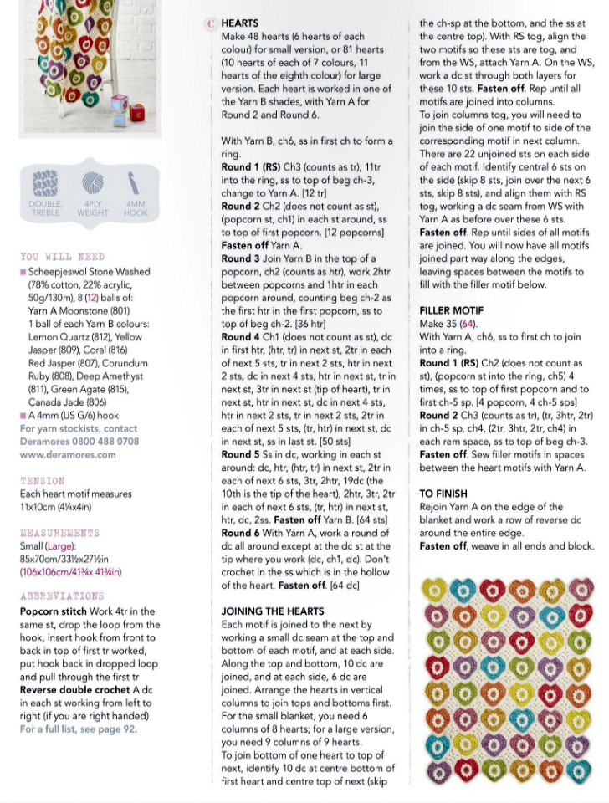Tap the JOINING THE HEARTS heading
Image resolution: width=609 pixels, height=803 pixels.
click(x=272, y=611)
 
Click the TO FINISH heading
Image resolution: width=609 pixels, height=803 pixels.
click(x=443, y=494)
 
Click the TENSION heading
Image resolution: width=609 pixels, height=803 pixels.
click(x=43, y=481)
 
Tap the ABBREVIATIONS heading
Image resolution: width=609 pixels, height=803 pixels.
click(x=62, y=596)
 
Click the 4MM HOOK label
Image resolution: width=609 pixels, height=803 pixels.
click(x=134, y=207)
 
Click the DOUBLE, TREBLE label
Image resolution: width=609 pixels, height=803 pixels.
click(x=46, y=207)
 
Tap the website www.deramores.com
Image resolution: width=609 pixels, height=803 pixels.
click(x=68, y=455)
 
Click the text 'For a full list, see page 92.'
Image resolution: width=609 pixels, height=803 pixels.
click(x=78, y=729)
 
